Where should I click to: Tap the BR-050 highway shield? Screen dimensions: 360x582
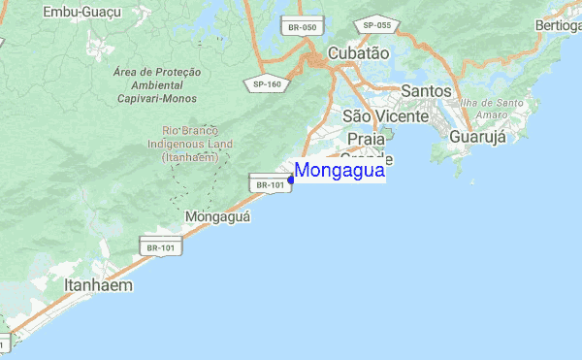[x=300, y=27]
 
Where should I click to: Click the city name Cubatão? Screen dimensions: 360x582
[x=358, y=53]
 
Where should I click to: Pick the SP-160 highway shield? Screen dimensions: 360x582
[x=267, y=83]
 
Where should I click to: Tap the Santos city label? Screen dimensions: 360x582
[x=425, y=90]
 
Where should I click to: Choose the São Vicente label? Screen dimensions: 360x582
[x=385, y=116]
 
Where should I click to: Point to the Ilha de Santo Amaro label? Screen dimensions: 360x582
[x=499, y=109]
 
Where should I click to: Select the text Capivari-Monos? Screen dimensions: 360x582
[x=157, y=99]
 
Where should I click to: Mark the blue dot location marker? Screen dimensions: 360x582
[x=291, y=180]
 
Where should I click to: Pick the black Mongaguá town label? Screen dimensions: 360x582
[x=217, y=216]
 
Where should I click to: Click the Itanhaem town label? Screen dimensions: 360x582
[x=98, y=286]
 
